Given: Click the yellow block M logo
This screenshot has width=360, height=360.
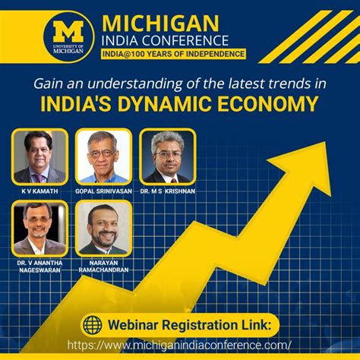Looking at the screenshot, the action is (68, 31).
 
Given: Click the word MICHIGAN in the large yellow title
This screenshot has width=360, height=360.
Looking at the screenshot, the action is (160, 24).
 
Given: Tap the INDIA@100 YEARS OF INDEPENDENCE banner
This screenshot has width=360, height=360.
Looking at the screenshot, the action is (173, 54).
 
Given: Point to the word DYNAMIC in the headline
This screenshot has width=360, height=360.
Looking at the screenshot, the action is (164, 103).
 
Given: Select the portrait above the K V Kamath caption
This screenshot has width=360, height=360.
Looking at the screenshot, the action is (39, 156).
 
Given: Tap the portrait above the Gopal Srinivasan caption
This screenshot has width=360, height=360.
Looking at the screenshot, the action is (103, 156).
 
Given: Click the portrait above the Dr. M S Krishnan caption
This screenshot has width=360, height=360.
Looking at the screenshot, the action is (168, 156).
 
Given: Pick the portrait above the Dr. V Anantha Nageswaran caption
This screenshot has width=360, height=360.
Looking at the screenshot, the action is (39, 229).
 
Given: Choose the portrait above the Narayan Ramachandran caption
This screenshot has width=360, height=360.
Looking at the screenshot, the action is (103, 229).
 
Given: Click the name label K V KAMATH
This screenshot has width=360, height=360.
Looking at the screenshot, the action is (39, 191).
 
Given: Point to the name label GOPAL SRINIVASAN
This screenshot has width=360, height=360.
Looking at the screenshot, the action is (103, 191).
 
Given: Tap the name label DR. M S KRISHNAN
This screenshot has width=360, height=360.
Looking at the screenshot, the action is (168, 191).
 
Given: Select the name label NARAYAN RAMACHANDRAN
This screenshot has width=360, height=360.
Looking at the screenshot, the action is (103, 267).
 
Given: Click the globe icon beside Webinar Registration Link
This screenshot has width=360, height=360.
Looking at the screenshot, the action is (93, 325).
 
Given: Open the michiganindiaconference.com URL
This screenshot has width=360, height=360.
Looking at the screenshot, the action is (179, 345).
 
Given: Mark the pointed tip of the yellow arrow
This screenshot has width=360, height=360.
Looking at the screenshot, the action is (326, 142).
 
